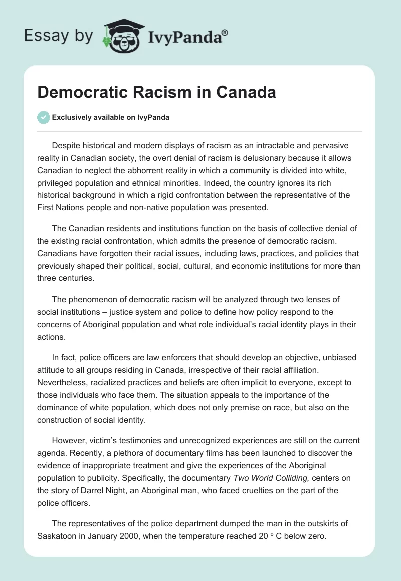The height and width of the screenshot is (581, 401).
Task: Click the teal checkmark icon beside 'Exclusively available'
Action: [43, 117]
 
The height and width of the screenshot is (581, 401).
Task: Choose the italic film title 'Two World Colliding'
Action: [272, 478]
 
